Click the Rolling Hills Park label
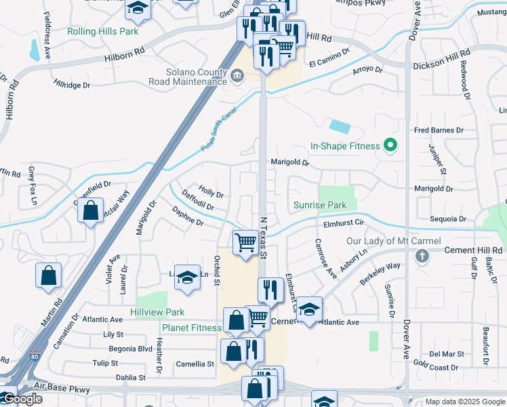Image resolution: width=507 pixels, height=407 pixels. (x=103, y=31)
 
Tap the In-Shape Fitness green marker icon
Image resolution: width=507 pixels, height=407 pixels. (x=390, y=145)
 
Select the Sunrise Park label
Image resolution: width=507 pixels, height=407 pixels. (x=320, y=205)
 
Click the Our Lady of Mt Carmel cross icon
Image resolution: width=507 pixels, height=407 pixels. (x=422, y=256)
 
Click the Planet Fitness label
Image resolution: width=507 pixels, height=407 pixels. (x=191, y=328)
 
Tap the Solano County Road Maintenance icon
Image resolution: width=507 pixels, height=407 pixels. (x=237, y=75)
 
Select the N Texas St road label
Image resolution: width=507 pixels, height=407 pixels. (x=265, y=237)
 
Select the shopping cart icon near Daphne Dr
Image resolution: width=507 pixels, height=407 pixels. (x=245, y=242)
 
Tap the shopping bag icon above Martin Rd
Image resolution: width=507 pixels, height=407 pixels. (x=49, y=275)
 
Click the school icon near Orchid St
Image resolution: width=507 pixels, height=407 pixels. (x=187, y=277)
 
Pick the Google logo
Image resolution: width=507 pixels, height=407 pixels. (x=22, y=399)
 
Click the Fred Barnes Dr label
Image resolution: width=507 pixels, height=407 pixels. (x=439, y=130)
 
